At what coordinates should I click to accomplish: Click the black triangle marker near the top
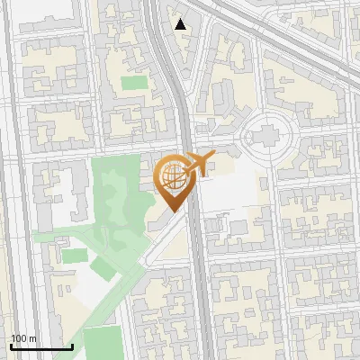[x=181, y=24]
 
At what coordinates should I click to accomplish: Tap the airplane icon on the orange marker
[x=196, y=163]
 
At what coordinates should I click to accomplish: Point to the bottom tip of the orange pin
[x=172, y=211]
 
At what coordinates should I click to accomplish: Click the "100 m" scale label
[x=24, y=338]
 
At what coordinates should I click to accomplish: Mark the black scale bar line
[x=41, y=347]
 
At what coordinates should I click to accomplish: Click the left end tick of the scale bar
[x=11, y=346]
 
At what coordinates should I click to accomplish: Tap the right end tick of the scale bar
[x=72, y=346]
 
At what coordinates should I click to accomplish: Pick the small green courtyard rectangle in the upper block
[x=134, y=83]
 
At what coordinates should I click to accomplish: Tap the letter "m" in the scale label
[x=33, y=338]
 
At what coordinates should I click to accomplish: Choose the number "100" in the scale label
[x=20, y=338]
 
